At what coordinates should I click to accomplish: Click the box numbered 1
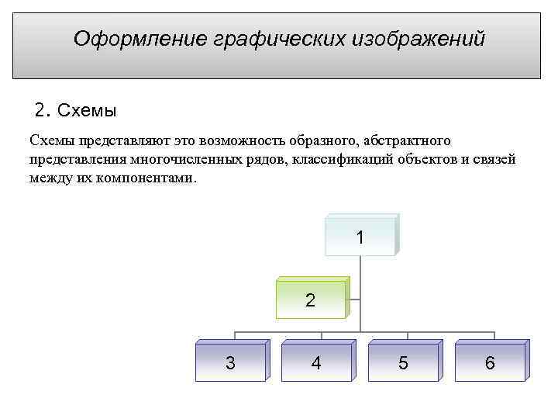point(360,237)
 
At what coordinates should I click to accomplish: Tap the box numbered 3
point(230,362)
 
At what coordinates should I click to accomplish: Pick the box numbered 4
point(316,362)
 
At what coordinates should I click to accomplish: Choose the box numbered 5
point(403,362)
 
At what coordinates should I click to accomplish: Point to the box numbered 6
point(490,362)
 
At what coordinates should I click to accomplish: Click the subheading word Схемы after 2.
point(88,110)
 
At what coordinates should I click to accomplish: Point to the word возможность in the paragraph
point(241,141)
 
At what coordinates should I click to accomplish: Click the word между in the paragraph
point(49,178)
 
